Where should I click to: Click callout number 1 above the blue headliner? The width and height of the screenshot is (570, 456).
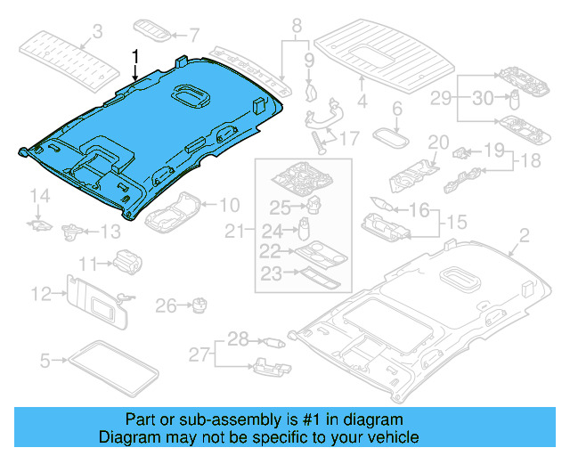[136, 57]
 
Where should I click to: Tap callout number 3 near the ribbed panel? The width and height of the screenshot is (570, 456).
[98, 32]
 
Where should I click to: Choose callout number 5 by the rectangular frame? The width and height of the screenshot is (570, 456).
[45, 360]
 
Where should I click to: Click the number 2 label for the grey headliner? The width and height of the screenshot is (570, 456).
[523, 235]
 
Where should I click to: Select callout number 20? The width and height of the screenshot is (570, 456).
[437, 142]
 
